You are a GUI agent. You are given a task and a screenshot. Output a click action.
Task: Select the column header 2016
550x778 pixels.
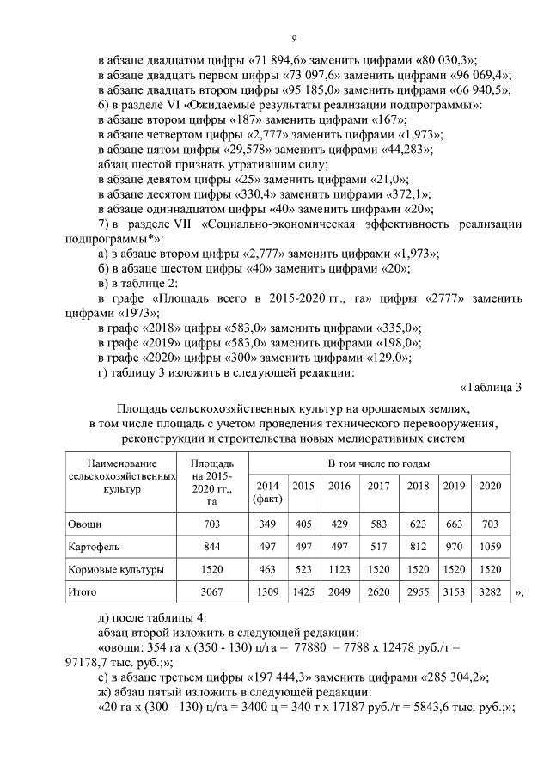coord(339,486)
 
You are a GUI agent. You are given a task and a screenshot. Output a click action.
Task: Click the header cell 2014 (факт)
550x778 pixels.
coord(266,492)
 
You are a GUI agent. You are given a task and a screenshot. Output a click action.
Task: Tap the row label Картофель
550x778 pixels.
coord(91,546)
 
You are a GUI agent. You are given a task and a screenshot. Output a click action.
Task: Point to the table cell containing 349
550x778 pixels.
coord(266,524)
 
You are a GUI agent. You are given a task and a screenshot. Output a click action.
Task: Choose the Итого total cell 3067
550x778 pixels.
coord(211,591)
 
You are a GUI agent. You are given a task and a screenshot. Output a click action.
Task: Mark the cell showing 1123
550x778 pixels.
coord(339,569)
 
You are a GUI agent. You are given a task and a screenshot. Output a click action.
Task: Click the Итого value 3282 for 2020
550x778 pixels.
coord(490,591)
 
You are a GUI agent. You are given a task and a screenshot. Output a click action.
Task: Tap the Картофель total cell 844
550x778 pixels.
coord(211,546)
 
